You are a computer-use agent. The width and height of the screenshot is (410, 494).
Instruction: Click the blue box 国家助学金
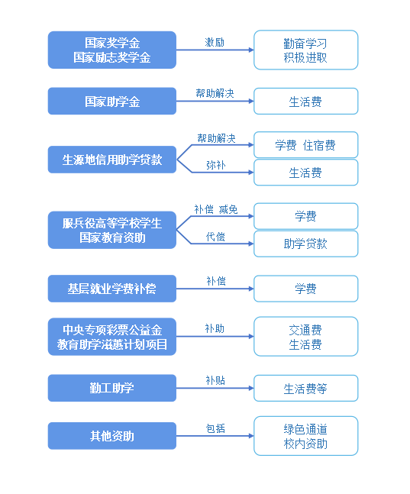coord(112,101)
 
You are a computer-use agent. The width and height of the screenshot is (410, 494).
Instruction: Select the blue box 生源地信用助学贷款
coord(112,160)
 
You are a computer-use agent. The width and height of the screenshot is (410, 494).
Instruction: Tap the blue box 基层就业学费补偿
coord(112,289)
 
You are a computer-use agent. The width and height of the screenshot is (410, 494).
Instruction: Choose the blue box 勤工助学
coord(112,388)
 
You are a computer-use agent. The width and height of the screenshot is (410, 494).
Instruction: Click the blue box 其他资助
coord(112,436)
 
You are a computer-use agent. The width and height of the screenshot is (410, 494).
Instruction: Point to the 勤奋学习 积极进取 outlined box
coord(305,50)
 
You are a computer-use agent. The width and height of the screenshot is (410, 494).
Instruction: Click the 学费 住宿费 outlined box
coord(305,145)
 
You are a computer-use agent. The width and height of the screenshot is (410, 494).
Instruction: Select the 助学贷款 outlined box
coord(305,244)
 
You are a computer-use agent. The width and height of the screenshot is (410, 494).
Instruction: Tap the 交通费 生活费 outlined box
coord(305,337)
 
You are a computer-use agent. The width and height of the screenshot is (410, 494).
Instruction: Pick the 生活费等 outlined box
coord(305,388)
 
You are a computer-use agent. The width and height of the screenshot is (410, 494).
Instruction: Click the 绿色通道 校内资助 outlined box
coord(305,436)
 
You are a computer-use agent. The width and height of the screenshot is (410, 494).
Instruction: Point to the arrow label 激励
coord(215,42)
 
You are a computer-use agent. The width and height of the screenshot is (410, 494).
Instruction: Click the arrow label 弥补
coord(216,165)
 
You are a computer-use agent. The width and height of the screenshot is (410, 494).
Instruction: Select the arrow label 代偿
coord(215,237)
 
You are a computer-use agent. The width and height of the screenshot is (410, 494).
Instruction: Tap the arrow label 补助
coord(215,328)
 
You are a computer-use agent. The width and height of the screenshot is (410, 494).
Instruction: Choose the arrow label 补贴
coord(215,380)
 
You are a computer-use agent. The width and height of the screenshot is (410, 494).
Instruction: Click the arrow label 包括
coord(215,428)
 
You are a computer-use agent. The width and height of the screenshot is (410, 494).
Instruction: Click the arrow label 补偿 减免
coord(216,209)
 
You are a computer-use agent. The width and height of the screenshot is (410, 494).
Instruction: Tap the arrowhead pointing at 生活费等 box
coord(251,388)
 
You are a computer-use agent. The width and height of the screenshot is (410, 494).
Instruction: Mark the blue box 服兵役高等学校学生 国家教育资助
coord(112,230)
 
